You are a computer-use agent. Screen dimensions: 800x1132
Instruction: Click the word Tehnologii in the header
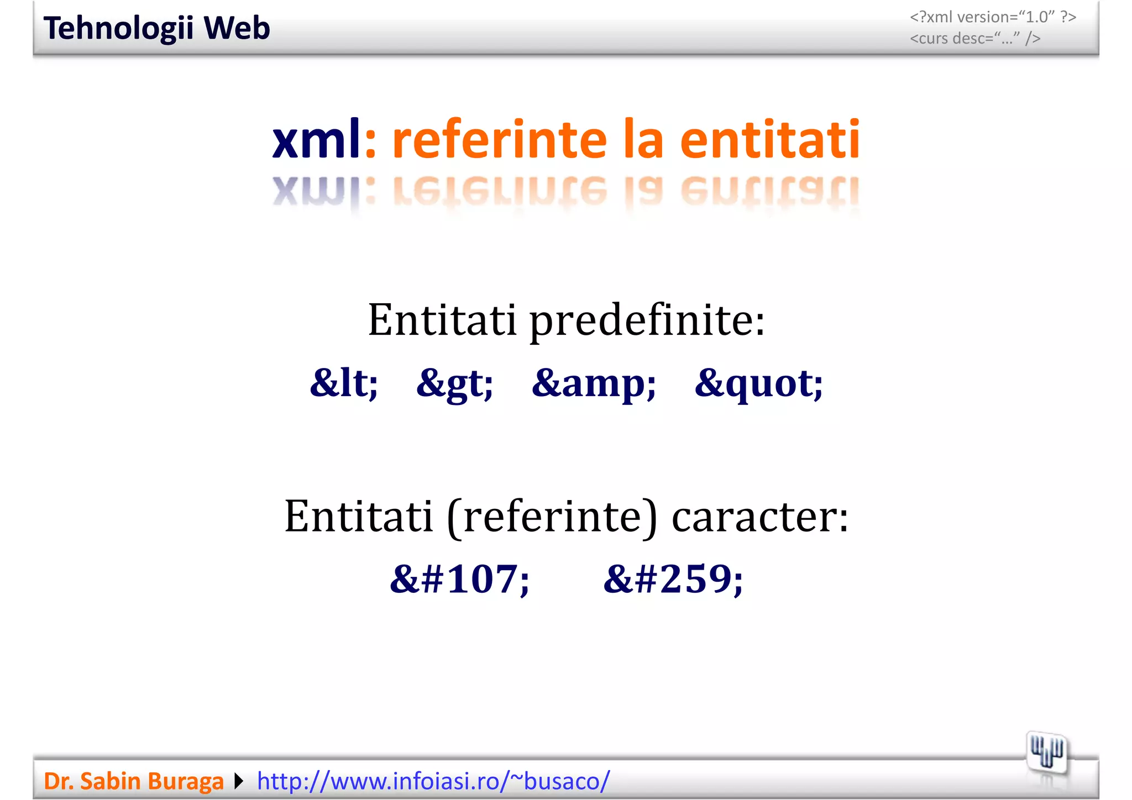pos(118,28)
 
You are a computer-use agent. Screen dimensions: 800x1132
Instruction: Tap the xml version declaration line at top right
pos(993,17)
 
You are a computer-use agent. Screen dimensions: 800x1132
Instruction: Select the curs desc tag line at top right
pos(975,38)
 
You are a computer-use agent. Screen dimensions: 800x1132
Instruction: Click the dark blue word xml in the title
pos(316,139)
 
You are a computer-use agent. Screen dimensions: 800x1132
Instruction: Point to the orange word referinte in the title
pos(500,139)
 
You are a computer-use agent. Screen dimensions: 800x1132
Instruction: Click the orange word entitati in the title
pos(769,139)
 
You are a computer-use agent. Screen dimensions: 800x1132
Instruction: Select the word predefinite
pos(647,320)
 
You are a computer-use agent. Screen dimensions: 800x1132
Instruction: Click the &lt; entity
pos(344,382)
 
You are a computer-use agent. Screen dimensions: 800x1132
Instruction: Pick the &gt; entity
pos(454,382)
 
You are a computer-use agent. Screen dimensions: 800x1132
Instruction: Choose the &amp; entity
pos(594,382)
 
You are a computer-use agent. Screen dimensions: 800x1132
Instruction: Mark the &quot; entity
pos(758,382)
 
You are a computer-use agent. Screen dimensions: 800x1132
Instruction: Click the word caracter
pos(760,516)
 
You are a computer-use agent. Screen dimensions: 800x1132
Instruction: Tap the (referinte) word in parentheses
pos(552,516)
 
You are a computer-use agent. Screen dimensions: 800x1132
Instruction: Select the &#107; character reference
pos(459,579)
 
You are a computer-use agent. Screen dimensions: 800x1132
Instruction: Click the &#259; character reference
pos(673,579)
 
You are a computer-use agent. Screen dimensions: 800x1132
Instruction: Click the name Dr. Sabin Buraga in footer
pos(133,781)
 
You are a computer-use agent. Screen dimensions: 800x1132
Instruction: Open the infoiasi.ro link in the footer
pos(433,781)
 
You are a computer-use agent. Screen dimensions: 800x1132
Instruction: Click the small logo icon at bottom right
pos(1046,753)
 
